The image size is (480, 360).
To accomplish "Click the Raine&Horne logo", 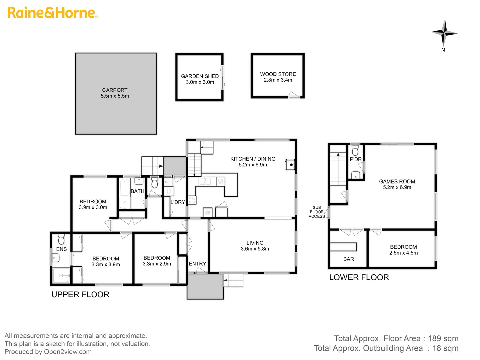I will (52, 13).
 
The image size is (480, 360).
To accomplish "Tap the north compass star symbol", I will (444, 33).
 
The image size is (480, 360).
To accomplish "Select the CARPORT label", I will (115, 90).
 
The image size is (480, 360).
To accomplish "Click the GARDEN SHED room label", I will (200, 76).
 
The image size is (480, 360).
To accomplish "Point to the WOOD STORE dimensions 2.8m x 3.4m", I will (278, 80).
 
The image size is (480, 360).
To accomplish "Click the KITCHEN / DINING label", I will (253, 159).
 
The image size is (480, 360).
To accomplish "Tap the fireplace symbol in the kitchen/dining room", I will (291, 165).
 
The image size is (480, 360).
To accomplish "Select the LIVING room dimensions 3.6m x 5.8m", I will (255, 249).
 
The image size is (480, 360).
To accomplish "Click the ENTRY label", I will (197, 264).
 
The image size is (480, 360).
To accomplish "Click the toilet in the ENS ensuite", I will (61, 239).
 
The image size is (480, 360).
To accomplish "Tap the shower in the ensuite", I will (61, 276).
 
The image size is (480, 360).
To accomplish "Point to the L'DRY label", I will (178, 202).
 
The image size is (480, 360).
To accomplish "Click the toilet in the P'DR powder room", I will (355, 150).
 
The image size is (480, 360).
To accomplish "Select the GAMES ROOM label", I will (397, 182).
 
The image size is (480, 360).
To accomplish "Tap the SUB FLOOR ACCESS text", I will (317, 212).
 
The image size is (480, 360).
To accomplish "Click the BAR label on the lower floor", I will (348, 259).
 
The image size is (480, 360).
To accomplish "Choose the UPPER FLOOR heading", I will (80, 295).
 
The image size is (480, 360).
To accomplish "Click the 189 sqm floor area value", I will (443, 339).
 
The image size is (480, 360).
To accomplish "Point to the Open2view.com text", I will (68, 352).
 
